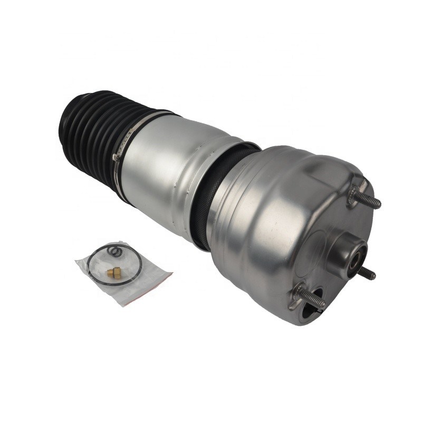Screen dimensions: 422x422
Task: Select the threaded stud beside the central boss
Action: [x=367, y=273]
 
